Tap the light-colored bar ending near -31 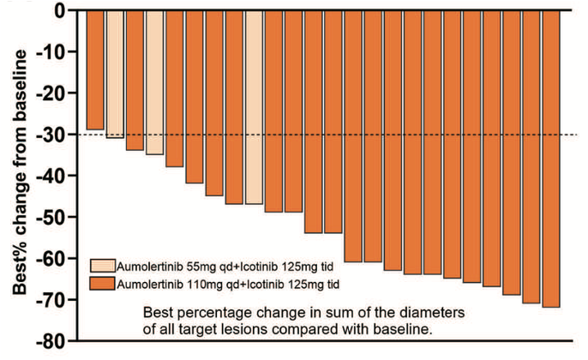click(115, 74)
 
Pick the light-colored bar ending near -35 click(154, 82)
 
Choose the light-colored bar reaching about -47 click(254, 107)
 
